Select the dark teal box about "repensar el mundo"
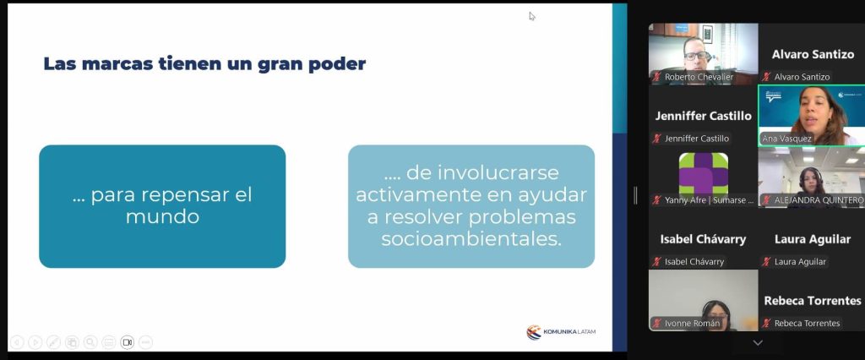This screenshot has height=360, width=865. [162, 206]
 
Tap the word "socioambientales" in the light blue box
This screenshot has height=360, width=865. [471, 239]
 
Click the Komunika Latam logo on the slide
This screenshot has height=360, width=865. [561, 331]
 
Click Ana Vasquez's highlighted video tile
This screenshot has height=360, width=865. [811, 114]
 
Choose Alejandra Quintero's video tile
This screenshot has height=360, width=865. [811, 176]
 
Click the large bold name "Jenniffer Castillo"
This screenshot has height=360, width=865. [703, 116]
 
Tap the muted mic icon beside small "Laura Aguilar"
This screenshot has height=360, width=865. [766, 262]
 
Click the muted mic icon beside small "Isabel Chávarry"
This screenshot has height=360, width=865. [656, 262]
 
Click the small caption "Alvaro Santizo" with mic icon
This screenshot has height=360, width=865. [802, 77]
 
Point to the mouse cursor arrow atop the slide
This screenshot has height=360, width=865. [532, 15]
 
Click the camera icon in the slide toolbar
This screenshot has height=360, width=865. [127, 342]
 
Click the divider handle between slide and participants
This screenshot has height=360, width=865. [635, 195]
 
